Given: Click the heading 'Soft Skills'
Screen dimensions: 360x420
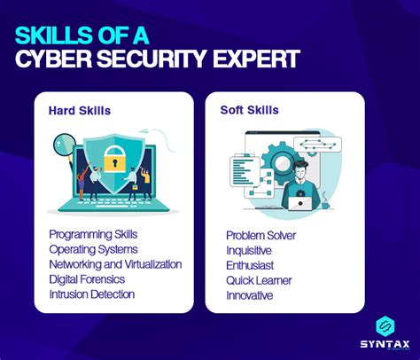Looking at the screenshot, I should pyautogui.click(x=249, y=111).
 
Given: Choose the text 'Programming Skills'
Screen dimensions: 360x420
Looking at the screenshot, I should pyautogui.click(x=94, y=234).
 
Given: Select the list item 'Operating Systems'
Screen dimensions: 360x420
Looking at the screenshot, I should pyautogui.click(x=93, y=249).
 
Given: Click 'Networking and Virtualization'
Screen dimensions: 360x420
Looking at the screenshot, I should pyautogui.click(x=115, y=264).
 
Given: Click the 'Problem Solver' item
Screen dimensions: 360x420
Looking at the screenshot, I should pyautogui.click(x=261, y=236).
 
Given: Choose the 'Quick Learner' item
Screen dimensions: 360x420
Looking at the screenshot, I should pyautogui.click(x=260, y=281).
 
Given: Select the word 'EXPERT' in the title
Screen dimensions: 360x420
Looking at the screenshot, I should pyautogui.click(x=255, y=59).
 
